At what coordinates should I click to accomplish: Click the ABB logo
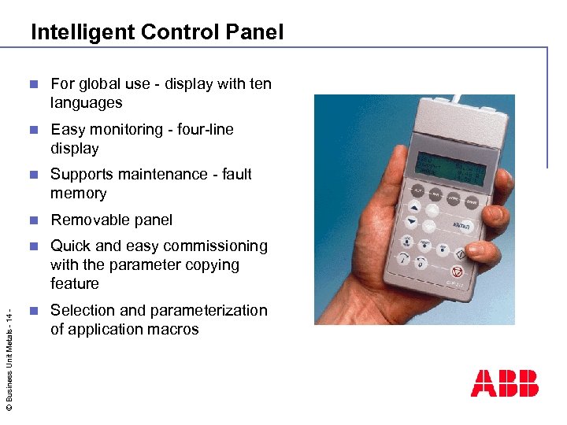pyautogui.click(x=505, y=382)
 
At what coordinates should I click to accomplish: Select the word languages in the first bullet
pyautogui.click(x=87, y=103)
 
